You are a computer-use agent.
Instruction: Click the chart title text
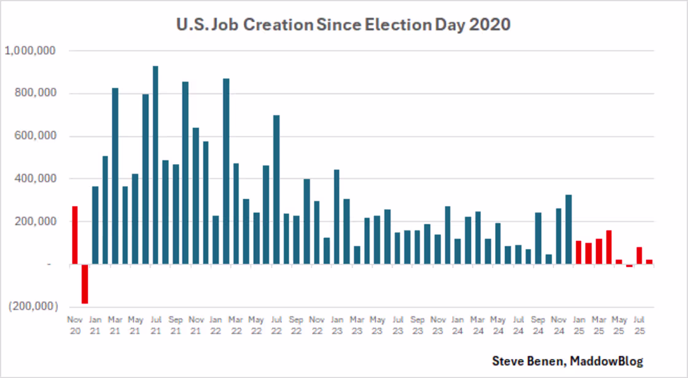click(343, 25)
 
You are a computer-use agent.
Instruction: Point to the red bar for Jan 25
click(579, 252)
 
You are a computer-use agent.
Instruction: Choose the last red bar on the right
click(649, 262)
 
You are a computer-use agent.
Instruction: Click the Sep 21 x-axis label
click(175, 325)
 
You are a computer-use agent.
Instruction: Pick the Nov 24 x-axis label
click(558, 325)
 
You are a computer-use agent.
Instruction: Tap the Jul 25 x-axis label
click(639, 325)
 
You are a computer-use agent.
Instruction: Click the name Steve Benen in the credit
click(528, 361)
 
